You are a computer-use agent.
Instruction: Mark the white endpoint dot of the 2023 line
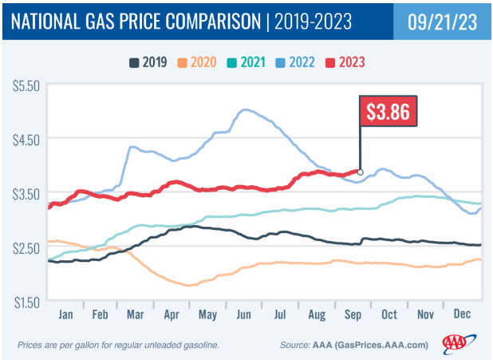pos(361,172)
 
